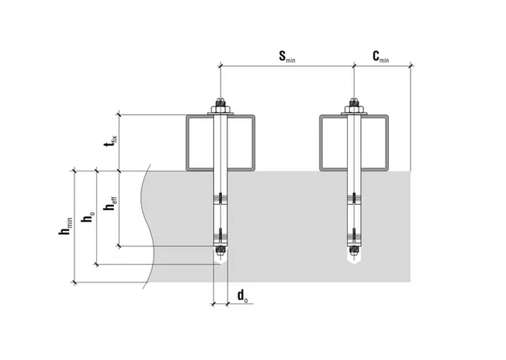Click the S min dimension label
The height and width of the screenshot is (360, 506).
(287, 57)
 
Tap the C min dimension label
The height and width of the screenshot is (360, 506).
(381, 57)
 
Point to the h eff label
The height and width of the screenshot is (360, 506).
(110, 203)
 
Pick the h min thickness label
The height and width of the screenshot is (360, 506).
(65, 226)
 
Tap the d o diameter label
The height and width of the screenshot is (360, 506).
(243, 296)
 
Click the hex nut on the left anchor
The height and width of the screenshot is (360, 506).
(220, 109)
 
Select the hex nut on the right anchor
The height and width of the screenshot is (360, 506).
(355, 109)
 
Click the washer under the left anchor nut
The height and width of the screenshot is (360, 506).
(220, 113)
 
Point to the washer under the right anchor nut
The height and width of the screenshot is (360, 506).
(355, 113)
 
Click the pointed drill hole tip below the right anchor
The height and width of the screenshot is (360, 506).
(355, 261)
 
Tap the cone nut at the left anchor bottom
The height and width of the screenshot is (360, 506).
(220, 251)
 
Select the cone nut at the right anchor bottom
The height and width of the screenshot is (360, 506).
(355, 251)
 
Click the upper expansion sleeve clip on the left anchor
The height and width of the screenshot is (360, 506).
(220, 199)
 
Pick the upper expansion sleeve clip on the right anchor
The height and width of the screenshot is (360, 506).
(355, 199)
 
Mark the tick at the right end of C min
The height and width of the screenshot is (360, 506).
(411, 66)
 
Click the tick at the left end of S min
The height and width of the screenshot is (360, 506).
(220, 66)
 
